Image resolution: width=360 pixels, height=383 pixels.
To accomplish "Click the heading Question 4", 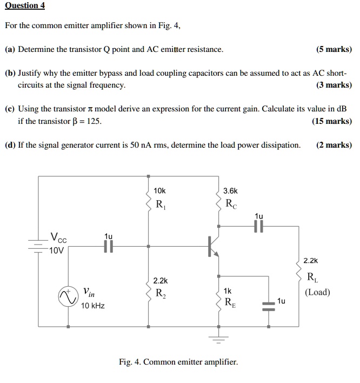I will pyautogui.click(x=25, y=6).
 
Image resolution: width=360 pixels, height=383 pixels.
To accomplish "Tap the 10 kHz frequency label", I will pyautogui.click(x=92, y=306).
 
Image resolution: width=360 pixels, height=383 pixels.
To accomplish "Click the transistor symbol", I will pyautogui.click(x=214, y=247).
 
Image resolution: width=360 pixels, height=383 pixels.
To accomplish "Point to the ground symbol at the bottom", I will pyautogui.click(x=219, y=339).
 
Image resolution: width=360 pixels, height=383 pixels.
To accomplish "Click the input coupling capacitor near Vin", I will pyautogui.click(x=109, y=247).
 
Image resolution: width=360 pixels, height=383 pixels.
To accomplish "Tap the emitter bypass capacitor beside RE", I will pyautogui.click(x=269, y=306).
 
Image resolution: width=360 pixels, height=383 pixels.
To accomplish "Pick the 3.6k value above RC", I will pyautogui.click(x=230, y=191).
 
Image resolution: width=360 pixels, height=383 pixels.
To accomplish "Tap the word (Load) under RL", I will pyautogui.click(x=317, y=293).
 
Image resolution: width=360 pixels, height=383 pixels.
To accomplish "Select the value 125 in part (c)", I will pyautogui.click(x=94, y=121).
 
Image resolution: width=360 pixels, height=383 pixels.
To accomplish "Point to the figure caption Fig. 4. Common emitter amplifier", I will pyautogui.click(x=178, y=362).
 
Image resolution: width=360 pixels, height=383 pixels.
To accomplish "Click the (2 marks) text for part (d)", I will pyautogui.click(x=334, y=144).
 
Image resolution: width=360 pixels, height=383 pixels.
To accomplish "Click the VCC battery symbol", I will pyautogui.click(x=38, y=245).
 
